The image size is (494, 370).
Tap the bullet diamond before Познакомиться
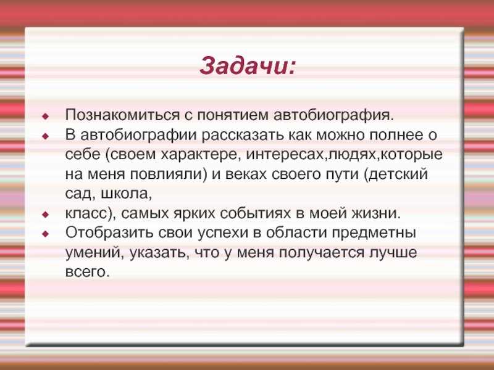click(x=46, y=117)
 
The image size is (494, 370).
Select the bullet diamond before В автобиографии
click(x=46, y=136)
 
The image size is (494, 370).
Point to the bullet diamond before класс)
click(x=46, y=215)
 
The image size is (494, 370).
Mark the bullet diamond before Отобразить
click(x=46, y=234)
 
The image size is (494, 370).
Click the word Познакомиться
click(x=122, y=115)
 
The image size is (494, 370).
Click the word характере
click(x=199, y=155)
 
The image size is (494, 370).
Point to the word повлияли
click(x=167, y=175)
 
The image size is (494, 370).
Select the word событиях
click(x=256, y=214)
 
